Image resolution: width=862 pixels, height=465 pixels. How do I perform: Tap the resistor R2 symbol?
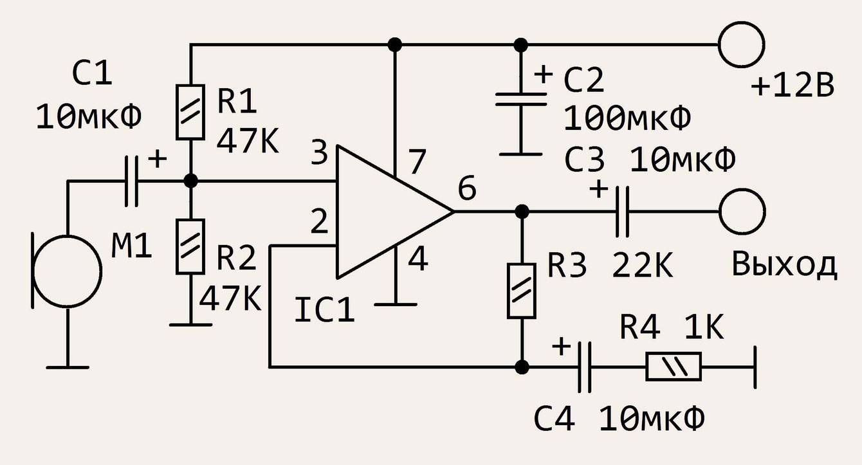point(190,246)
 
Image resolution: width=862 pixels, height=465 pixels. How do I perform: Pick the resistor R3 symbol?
point(522,290)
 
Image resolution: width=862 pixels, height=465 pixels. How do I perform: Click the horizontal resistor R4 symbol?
point(674,367)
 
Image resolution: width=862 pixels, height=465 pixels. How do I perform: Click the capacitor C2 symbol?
point(521,100)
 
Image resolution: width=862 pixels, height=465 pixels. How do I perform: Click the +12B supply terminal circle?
point(742,45)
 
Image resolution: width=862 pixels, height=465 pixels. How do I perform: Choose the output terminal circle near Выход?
point(742,212)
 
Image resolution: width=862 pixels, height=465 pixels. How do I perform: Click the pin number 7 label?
point(417,163)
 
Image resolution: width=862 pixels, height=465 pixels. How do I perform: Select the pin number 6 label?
point(468,190)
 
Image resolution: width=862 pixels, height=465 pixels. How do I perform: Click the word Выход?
point(784,265)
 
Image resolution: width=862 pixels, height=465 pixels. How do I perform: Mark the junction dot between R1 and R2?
point(190,181)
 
